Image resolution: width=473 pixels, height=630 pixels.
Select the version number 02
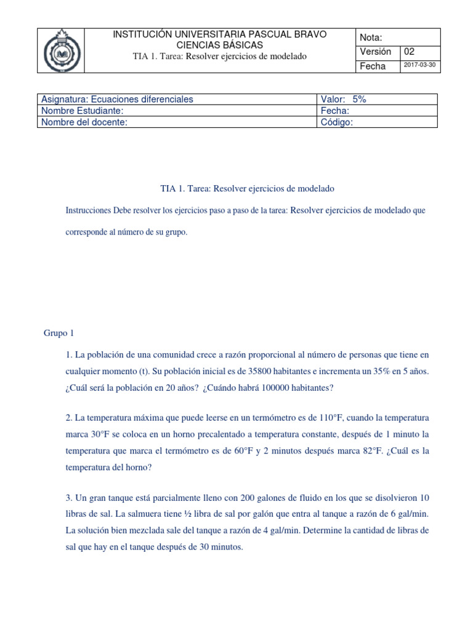click(410, 52)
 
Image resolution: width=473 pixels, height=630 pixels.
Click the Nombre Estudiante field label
click(82, 111)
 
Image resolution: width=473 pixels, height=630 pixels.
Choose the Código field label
click(336, 122)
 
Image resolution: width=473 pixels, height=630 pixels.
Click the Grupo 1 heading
click(59, 333)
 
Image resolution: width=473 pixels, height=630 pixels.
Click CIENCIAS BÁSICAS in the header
click(220, 45)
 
